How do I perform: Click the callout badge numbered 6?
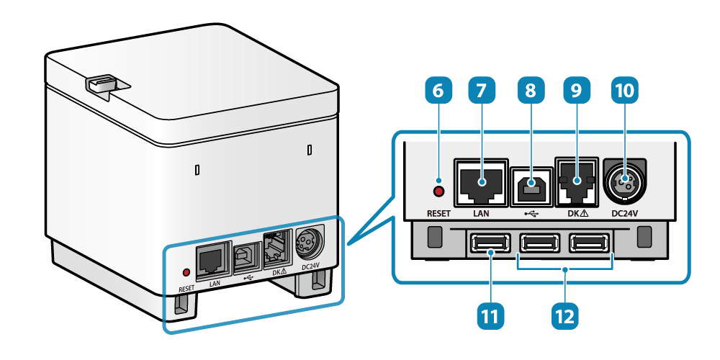coord(439,93)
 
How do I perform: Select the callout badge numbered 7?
coord(482,93)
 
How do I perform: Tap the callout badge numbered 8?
coord(531,93)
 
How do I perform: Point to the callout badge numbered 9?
coord(576,93)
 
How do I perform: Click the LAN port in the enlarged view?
coord(480,184)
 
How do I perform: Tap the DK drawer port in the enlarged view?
coord(577,184)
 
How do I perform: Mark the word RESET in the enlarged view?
coord(438,214)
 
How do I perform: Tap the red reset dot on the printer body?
coord(186,273)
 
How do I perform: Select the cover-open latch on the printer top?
coord(103,84)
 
